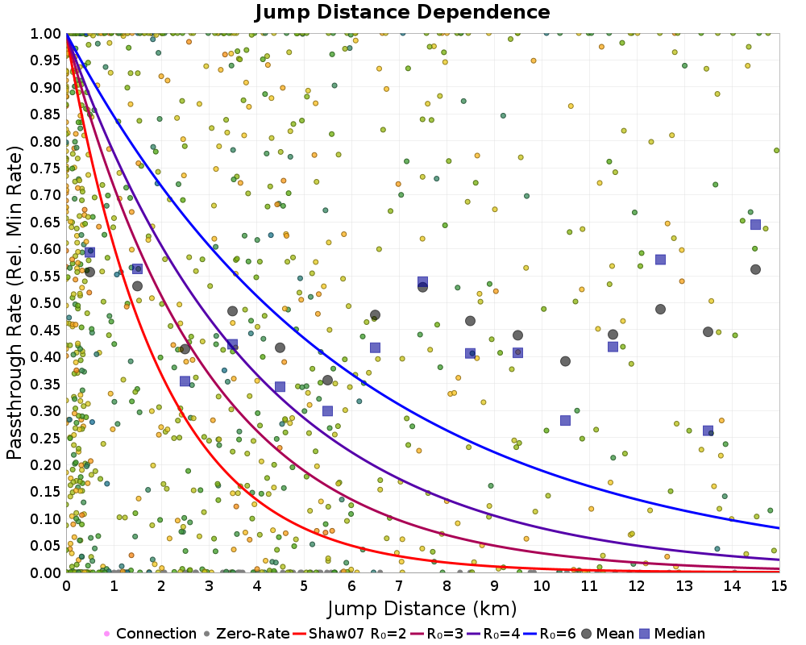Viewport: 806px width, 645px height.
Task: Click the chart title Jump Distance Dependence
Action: click(402, 12)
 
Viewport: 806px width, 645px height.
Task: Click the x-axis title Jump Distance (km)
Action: click(422, 608)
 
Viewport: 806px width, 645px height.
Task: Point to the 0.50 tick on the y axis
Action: click(47, 303)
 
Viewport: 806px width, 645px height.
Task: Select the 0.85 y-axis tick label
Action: click(47, 114)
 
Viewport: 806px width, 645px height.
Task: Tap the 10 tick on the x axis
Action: click(542, 587)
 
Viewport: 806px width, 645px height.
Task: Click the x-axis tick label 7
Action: click(399, 587)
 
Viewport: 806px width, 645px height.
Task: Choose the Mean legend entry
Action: click(606, 634)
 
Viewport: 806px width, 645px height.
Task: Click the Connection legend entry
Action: click(150, 634)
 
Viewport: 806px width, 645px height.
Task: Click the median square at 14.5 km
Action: click(755, 224)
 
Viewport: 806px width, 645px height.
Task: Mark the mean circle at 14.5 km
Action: click(755, 269)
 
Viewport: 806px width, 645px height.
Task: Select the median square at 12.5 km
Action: click(660, 260)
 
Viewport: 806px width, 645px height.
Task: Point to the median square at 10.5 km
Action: click(565, 420)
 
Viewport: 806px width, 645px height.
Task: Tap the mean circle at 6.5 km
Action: click(375, 315)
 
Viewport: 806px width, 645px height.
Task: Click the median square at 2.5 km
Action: click(185, 381)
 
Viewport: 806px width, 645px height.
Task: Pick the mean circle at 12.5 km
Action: click(660, 309)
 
